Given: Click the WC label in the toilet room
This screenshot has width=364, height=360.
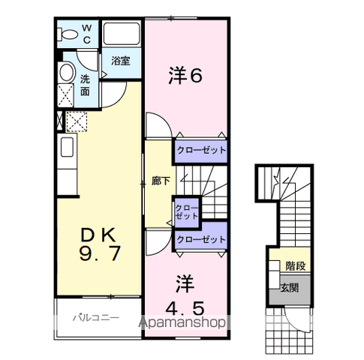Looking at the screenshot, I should click(86, 34).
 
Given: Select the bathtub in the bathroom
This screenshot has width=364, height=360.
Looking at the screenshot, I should click(122, 34).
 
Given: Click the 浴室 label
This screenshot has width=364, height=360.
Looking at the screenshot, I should click(121, 61).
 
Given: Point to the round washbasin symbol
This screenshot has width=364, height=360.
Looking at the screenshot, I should click(67, 73).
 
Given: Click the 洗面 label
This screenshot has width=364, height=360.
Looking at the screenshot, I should click(85, 84).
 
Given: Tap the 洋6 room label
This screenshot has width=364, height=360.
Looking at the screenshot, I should click(186, 75).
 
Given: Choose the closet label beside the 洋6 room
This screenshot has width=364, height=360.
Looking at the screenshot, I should click(200, 149).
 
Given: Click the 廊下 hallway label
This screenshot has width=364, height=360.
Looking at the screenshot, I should click(161, 181).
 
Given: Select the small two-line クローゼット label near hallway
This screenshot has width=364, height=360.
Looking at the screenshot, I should click(186, 211).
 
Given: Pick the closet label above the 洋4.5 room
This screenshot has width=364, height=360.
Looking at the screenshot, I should click(200, 239).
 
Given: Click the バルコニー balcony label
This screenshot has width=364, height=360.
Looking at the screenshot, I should click(95, 318).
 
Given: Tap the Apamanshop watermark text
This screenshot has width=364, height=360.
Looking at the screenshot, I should click(184, 323).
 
